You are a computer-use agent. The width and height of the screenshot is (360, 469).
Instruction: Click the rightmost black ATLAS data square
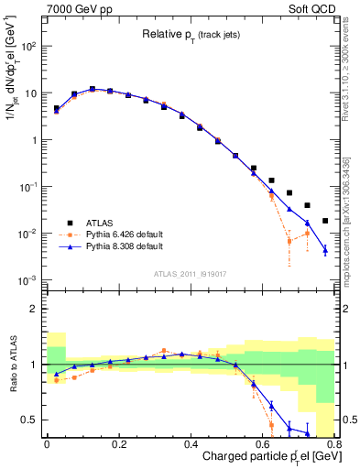coord(325,221)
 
